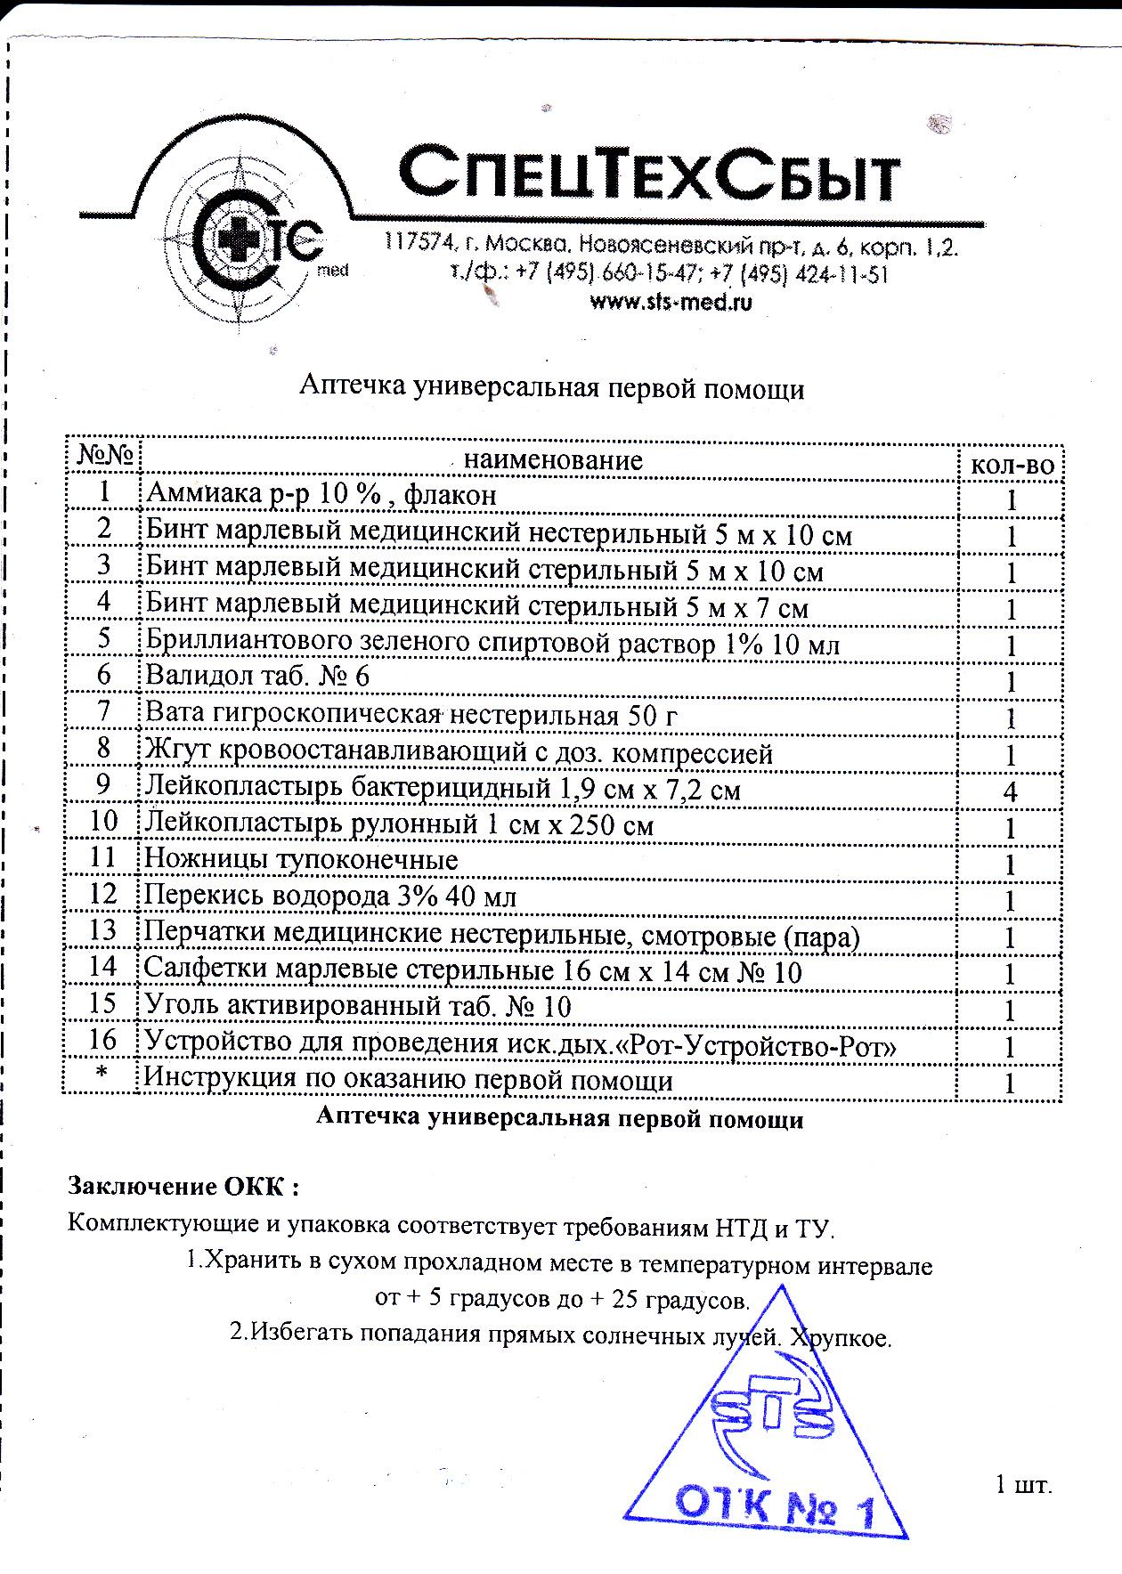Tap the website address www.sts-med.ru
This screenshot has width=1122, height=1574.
[x=671, y=303]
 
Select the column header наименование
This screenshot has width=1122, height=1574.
[x=553, y=460]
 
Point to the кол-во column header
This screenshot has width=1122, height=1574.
[x=1011, y=464]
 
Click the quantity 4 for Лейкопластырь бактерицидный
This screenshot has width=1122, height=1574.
[x=1010, y=791]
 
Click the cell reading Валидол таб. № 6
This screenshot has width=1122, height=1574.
[x=257, y=677]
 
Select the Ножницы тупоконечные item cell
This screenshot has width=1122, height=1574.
[x=302, y=860]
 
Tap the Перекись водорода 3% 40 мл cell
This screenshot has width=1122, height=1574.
[x=330, y=897]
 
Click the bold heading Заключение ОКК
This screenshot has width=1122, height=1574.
[x=183, y=1187]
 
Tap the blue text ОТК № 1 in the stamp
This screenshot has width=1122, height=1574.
[x=774, y=1506]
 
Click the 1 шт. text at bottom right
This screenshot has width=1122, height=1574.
[x=1023, y=1484]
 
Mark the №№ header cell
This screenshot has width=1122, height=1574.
[x=105, y=456]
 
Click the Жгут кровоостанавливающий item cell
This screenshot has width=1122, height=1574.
[x=459, y=754]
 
